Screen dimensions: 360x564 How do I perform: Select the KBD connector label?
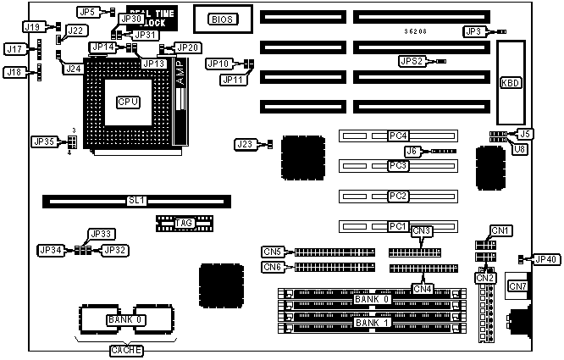click(x=511, y=82)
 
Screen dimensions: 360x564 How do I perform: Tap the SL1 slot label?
click(x=136, y=202)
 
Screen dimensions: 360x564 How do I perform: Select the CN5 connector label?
click(x=273, y=252)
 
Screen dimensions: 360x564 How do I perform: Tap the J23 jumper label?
click(x=246, y=145)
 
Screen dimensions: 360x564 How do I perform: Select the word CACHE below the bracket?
click(x=128, y=350)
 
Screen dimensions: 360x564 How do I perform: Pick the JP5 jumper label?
click(x=87, y=12)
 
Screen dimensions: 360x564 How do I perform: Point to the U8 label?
click(x=522, y=148)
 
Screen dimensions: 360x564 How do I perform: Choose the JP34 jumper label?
click(x=50, y=250)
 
